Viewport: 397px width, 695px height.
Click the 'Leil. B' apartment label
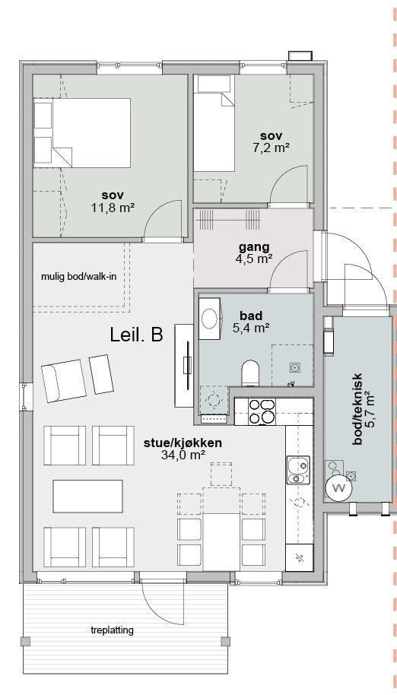pos(136,335)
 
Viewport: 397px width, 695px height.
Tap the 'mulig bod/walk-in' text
pos(79,277)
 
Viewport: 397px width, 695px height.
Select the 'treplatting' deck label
pos(112,630)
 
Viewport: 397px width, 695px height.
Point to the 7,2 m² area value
pos(272,148)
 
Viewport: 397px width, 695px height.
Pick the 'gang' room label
pos(254,247)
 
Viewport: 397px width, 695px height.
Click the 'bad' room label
pos(251,316)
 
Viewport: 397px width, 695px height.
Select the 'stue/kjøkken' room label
pos(183,443)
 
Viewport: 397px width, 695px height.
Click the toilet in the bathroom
pos(250,373)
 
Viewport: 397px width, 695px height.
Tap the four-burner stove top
pos(262,411)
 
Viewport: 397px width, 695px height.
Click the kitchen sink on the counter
pos(298,470)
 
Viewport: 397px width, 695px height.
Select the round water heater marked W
pos(339,489)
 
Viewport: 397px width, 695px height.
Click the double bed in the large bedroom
pos(82,133)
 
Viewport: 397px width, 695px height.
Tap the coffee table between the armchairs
pos(87,496)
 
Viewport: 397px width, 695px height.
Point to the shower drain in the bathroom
pos(294,367)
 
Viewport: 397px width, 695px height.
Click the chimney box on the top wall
pos(300,56)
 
